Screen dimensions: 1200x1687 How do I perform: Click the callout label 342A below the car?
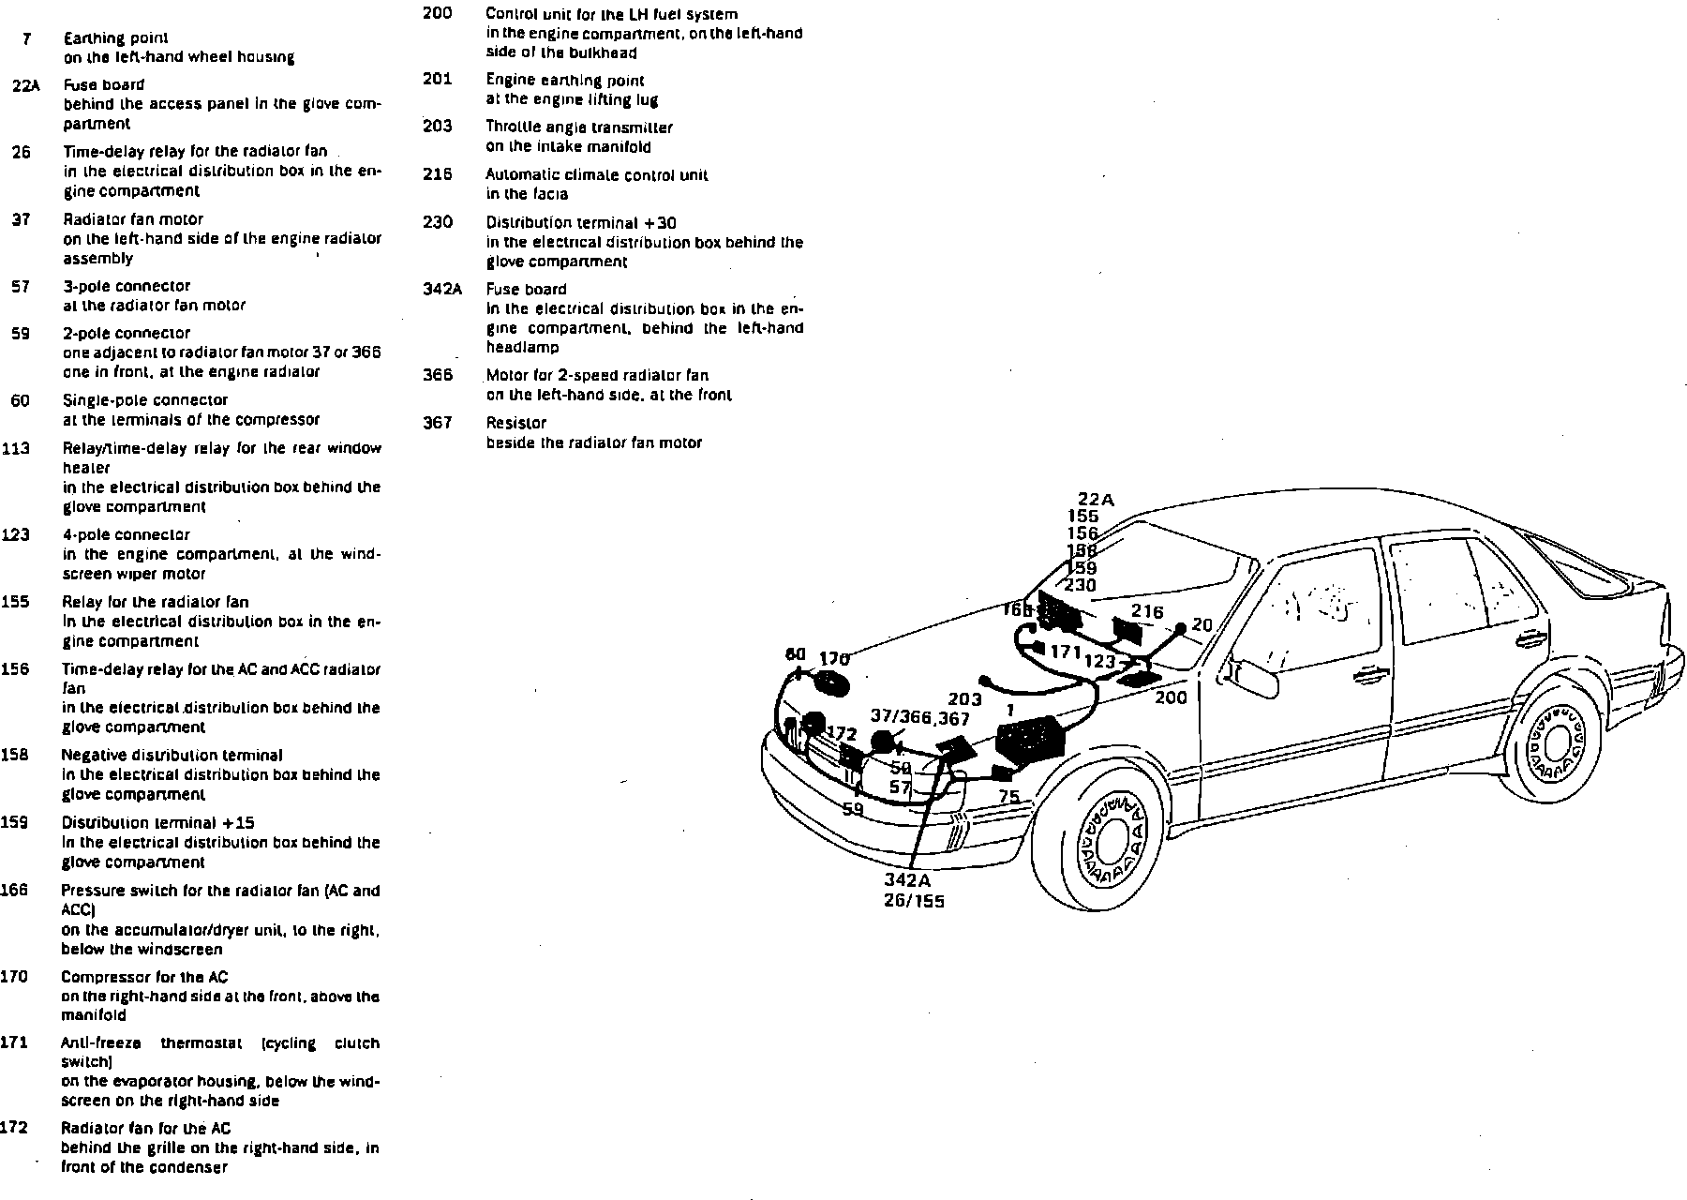(x=907, y=880)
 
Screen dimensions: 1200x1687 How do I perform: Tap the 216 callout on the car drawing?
(x=1147, y=611)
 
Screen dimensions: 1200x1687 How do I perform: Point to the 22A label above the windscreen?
(x=1096, y=500)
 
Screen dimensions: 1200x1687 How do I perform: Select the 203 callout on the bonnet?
(x=964, y=698)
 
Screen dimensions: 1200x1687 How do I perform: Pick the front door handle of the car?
(x=1369, y=671)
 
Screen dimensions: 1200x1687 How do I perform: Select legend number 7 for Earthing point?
(x=26, y=37)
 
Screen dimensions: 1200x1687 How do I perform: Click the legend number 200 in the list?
(x=438, y=13)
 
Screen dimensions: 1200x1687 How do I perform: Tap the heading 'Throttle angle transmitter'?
(x=578, y=127)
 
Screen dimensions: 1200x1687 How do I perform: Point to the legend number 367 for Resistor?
(x=438, y=422)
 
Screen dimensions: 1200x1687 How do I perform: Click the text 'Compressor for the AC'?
(x=144, y=977)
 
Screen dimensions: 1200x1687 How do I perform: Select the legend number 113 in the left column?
(x=15, y=448)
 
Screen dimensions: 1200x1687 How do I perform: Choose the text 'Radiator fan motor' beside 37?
(x=133, y=219)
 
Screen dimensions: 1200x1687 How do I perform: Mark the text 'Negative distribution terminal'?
(x=172, y=755)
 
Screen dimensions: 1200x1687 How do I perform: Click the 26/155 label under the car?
(x=914, y=901)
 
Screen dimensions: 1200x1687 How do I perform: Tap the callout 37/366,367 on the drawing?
(x=919, y=717)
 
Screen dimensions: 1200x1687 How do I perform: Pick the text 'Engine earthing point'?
(x=564, y=81)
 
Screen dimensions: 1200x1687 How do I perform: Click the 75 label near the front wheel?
(x=1008, y=796)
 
